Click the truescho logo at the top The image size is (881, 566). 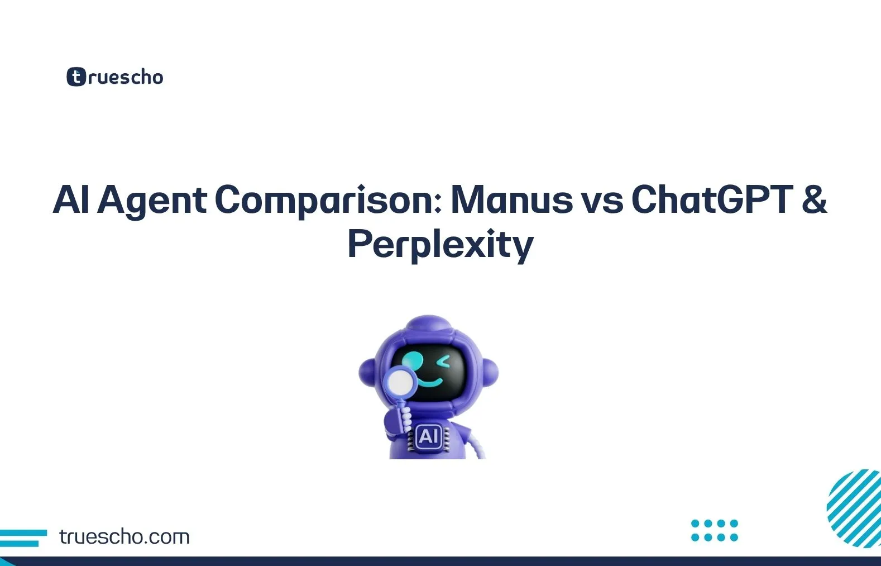(x=115, y=77)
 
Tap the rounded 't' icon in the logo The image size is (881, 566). (x=76, y=77)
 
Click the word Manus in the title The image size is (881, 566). (x=511, y=199)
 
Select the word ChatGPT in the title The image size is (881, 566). (x=712, y=199)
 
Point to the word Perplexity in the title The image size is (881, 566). (x=440, y=245)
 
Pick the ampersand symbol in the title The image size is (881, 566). (x=814, y=199)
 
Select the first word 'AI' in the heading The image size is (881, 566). (x=71, y=199)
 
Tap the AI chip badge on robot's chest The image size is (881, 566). (x=429, y=436)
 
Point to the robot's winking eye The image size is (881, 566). (x=444, y=362)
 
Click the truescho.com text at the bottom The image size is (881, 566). (x=124, y=537)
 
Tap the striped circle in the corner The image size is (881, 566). (x=854, y=508)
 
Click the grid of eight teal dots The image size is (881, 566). (x=714, y=530)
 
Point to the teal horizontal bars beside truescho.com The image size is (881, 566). (x=22, y=538)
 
